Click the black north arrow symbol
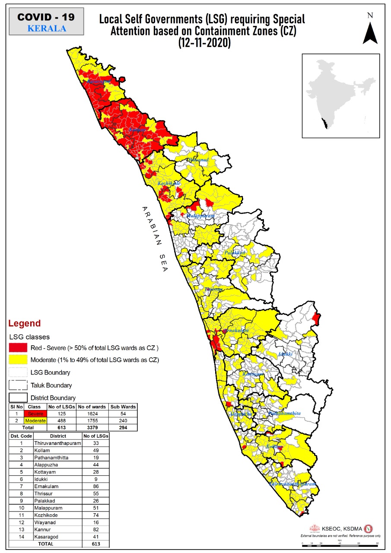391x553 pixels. point(370,32)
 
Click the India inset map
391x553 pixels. point(340,95)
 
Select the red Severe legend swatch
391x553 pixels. point(18,348)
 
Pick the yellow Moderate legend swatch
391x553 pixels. point(18,360)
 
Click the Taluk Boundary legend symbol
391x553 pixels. point(18,385)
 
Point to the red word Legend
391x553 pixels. point(25,323)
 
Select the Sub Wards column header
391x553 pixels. point(123,407)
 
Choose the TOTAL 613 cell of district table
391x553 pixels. point(95,544)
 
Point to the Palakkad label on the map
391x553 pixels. point(235,252)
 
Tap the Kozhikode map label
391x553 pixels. point(169,184)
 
